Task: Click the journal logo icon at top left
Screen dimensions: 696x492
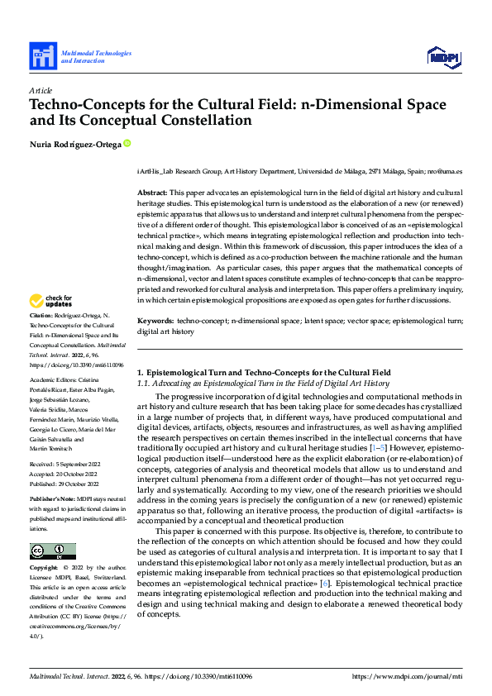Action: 41,56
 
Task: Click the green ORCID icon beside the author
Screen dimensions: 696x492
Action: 127,144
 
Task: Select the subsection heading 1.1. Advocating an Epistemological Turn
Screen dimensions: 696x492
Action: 262,384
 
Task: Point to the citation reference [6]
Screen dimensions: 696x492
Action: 328,584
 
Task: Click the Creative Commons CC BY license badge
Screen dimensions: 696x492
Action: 52,551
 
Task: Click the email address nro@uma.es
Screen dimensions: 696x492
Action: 445,171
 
